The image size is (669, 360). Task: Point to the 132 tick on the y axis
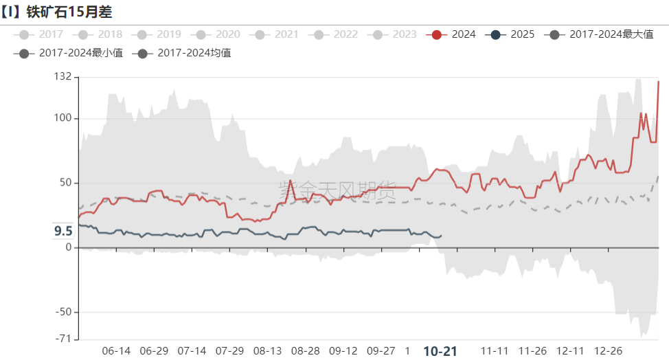click(63, 76)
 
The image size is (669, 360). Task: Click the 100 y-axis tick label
click(63, 119)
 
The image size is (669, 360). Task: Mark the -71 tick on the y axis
click(63, 339)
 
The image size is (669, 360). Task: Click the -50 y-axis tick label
click(63, 312)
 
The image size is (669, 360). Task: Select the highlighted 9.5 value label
click(63, 231)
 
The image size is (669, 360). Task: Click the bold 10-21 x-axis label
click(440, 351)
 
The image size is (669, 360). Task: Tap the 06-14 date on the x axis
click(116, 351)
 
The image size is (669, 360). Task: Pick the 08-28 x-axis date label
click(305, 351)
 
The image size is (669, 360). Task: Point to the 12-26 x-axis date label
click(608, 351)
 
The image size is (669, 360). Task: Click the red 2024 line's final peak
click(659, 82)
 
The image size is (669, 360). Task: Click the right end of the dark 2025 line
click(441, 236)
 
